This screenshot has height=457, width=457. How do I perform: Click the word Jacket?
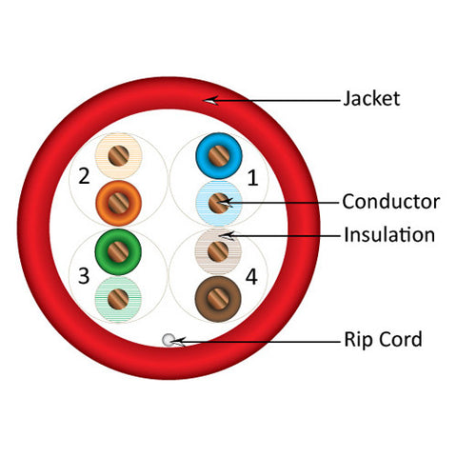371,98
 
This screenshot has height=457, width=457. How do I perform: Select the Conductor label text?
391,202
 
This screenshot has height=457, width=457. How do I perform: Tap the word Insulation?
389,235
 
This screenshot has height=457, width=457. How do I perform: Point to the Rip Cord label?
383,339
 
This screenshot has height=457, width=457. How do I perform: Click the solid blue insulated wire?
219,156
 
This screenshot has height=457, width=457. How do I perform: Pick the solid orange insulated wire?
119,203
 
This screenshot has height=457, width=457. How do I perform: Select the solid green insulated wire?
118,251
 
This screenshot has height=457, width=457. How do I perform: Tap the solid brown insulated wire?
218,299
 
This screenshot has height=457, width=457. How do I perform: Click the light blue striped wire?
219,203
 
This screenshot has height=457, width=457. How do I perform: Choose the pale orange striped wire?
119,155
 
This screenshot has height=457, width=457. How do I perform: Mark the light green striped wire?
118,299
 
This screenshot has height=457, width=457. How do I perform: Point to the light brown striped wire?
218,251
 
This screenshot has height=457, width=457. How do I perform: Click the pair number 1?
252,177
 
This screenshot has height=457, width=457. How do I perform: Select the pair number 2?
84,176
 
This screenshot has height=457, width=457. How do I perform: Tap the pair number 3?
84,275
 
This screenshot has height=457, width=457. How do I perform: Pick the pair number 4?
251,277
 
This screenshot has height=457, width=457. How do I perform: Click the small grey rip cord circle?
168,340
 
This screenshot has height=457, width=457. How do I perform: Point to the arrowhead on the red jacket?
210,100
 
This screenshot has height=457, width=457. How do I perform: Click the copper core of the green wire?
118,251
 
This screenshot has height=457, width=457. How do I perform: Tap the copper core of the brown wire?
218,299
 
